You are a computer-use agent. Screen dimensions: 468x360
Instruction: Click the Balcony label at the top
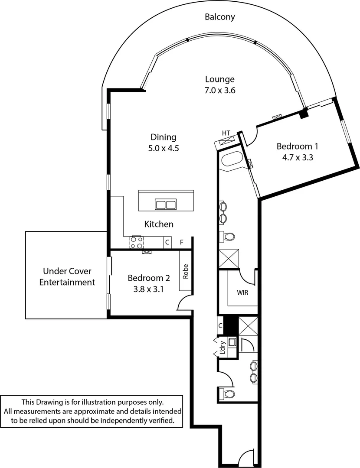click(x=220, y=17)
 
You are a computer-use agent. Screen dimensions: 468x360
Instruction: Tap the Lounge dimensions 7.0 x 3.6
click(x=220, y=91)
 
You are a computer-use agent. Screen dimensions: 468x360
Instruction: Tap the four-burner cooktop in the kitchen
click(x=137, y=242)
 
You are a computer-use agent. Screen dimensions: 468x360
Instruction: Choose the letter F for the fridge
click(x=182, y=242)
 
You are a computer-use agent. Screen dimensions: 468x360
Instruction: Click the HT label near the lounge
click(x=226, y=133)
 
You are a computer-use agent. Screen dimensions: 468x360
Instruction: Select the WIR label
click(x=242, y=292)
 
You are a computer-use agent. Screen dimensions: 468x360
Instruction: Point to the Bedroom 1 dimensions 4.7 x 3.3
click(x=298, y=158)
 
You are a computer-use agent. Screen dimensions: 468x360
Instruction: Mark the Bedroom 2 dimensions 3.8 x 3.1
click(x=148, y=289)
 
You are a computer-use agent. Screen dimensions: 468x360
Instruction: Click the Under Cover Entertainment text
click(x=67, y=277)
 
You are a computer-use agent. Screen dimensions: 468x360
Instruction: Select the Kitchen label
click(x=159, y=224)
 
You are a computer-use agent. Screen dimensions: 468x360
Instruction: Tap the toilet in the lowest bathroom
click(x=227, y=393)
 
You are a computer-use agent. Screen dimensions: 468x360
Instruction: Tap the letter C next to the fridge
click(x=167, y=242)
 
